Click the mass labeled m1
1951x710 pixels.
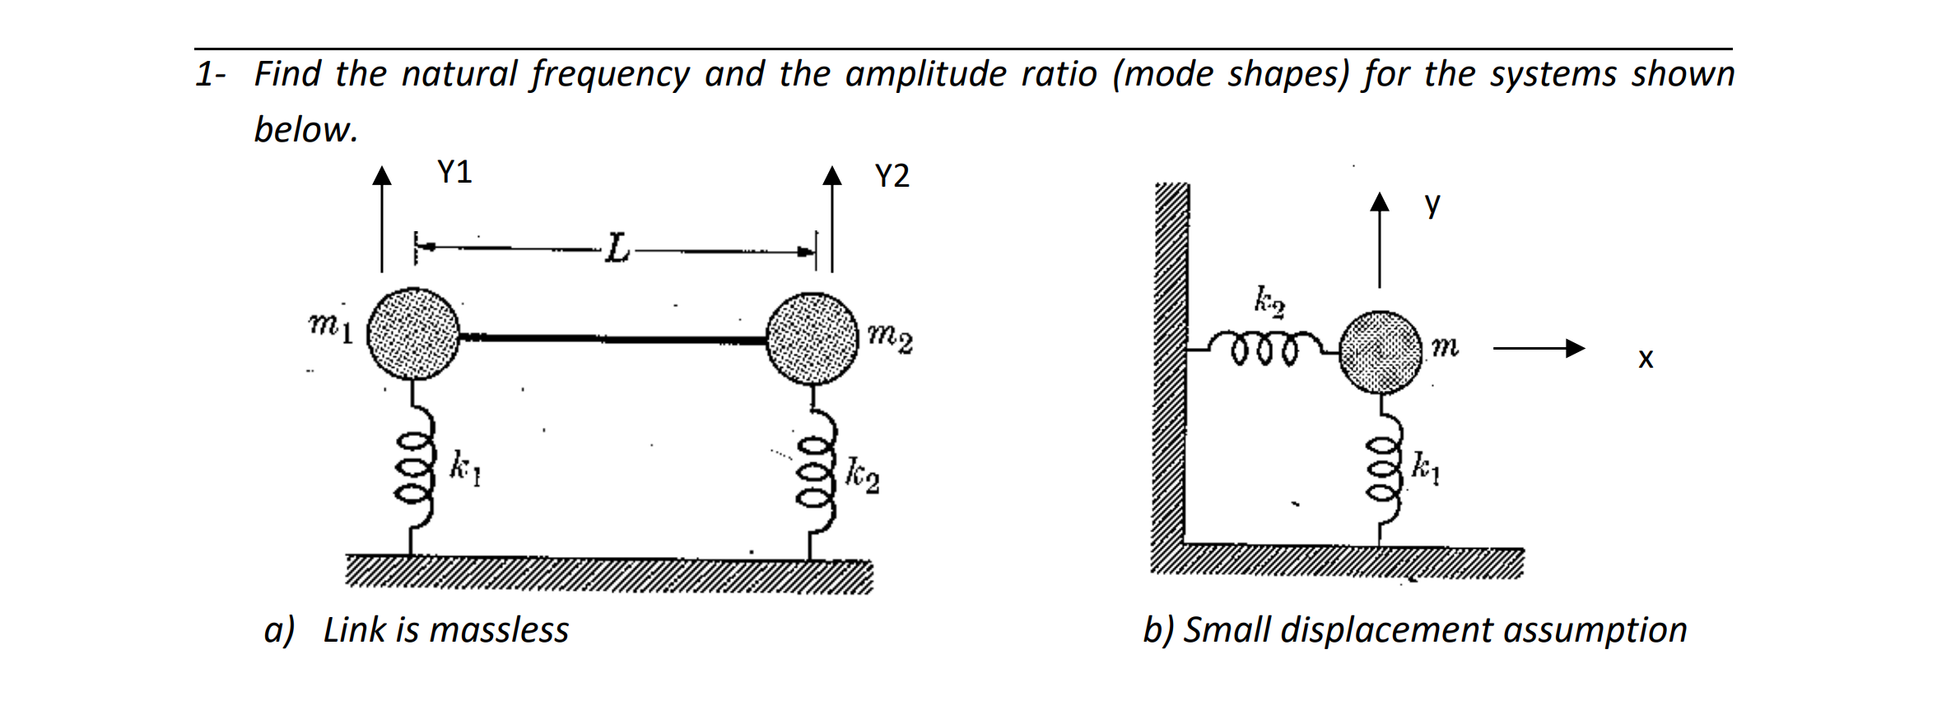[x=412, y=333]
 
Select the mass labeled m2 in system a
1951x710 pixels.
[x=812, y=338]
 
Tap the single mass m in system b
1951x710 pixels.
[x=1381, y=351]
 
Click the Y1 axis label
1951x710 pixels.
[x=454, y=172]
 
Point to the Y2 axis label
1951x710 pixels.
[x=892, y=176]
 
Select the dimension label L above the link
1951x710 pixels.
[x=617, y=248]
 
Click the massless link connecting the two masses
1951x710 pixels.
[x=612, y=338]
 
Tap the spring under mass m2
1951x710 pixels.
[x=814, y=474]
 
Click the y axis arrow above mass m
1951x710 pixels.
[x=1380, y=239]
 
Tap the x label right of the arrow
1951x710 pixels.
[x=1645, y=359]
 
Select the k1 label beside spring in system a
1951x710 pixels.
[x=465, y=468]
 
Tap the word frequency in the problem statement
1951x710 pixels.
[x=610, y=75]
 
